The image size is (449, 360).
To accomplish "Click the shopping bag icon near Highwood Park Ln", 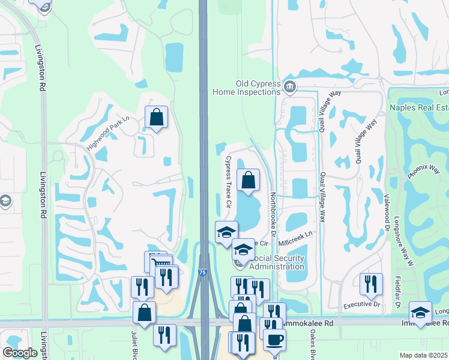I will coord(156,118).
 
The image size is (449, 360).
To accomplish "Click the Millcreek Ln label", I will coord(297,238).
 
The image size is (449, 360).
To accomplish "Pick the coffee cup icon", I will coord(275,339).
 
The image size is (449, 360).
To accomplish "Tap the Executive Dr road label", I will coord(362,305).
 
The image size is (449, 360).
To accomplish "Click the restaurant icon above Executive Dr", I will coord(371,283).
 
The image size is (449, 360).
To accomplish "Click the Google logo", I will coord(20,353).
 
